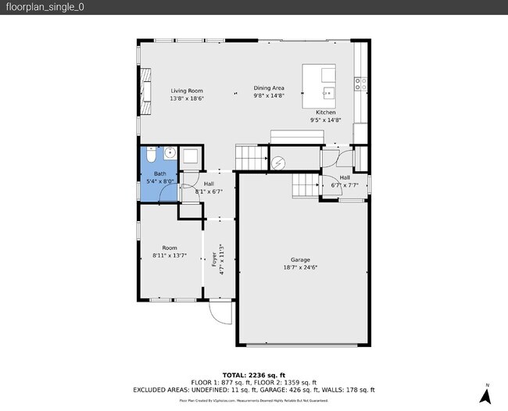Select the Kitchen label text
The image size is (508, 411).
pos(325,113)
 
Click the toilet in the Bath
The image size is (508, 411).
pos(151,155)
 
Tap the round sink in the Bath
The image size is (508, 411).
pos(169,154)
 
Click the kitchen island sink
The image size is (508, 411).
pos(328,91)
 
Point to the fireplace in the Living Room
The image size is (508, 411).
pos(146,84)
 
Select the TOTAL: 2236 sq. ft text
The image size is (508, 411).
pos(253,374)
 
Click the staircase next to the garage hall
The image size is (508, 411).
pos(305,186)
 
